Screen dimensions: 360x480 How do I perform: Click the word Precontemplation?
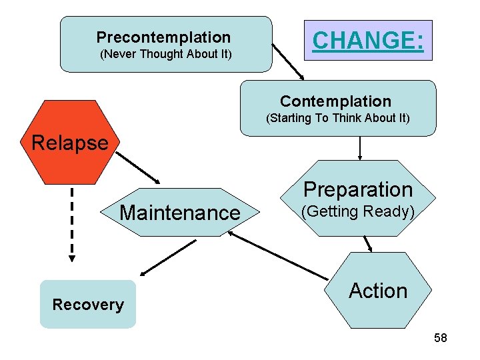click(163, 37)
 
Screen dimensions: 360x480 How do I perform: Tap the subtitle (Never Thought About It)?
click(165, 55)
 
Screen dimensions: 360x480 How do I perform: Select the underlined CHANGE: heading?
click(367, 41)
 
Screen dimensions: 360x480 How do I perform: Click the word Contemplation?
click(335, 101)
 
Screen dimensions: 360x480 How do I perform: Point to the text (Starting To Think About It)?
click(337, 119)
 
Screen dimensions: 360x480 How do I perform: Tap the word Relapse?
click(70, 143)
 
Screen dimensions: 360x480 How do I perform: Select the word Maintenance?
click(179, 213)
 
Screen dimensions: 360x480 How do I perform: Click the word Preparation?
click(358, 190)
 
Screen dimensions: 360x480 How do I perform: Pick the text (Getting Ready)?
click(358, 212)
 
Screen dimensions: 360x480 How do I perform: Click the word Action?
click(378, 291)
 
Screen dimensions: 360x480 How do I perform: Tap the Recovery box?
click(88, 305)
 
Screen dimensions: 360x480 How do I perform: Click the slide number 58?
click(440, 339)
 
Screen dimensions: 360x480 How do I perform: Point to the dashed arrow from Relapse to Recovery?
click(72, 223)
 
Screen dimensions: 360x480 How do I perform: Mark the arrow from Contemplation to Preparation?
click(360, 148)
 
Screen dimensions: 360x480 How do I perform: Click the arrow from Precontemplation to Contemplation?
click(289, 63)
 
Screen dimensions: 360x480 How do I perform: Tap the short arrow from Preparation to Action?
click(367, 245)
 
